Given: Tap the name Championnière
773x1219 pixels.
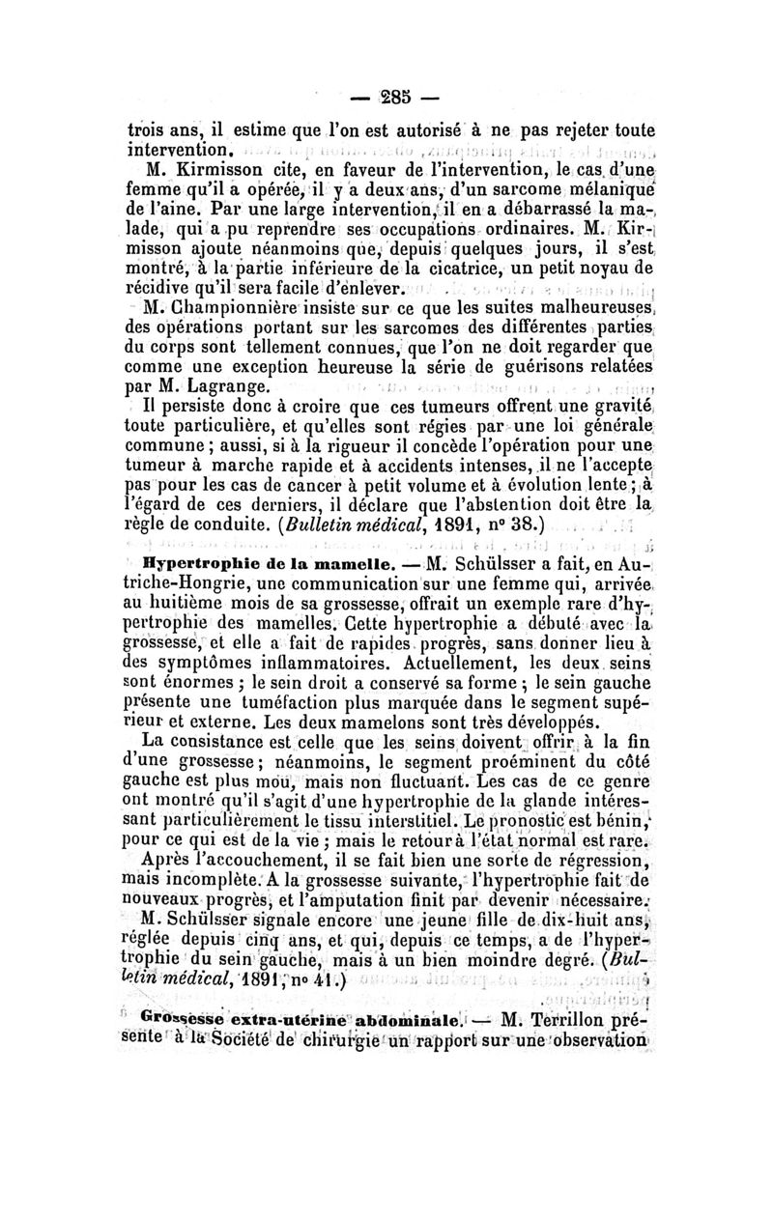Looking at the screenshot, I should point(224,309).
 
